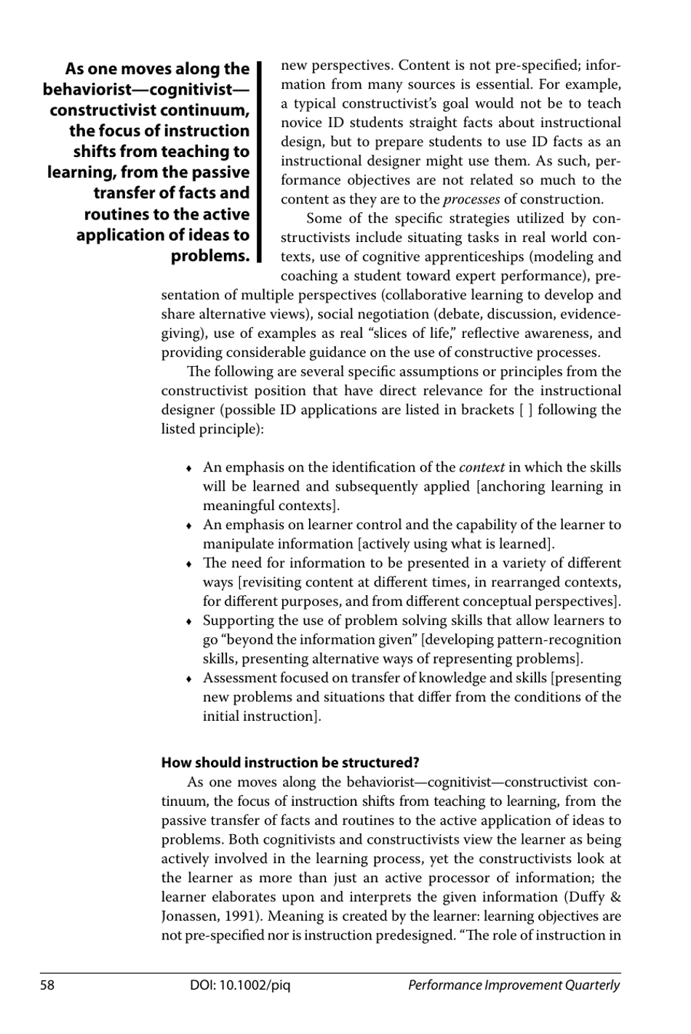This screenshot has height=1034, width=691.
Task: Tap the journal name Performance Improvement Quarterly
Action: (x=514, y=985)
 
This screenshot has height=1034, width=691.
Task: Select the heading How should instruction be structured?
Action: (x=290, y=762)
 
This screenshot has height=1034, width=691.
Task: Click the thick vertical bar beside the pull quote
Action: (x=258, y=162)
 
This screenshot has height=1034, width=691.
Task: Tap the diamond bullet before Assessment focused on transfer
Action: (x=188, y=679)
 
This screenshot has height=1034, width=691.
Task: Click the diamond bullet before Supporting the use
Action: (x=188, y=621)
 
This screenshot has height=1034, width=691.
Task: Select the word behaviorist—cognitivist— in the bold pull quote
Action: (x=145, y=89)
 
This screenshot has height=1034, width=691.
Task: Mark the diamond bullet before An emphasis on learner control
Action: (x=188, y=525)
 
